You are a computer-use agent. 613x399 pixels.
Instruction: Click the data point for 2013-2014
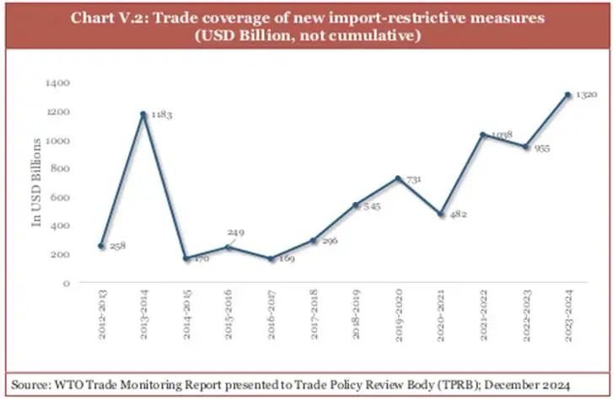(x=144, y=114)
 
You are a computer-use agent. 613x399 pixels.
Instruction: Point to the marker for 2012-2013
(x=101, y=246)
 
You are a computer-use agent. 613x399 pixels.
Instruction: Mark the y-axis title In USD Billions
(x=37, y=184)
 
